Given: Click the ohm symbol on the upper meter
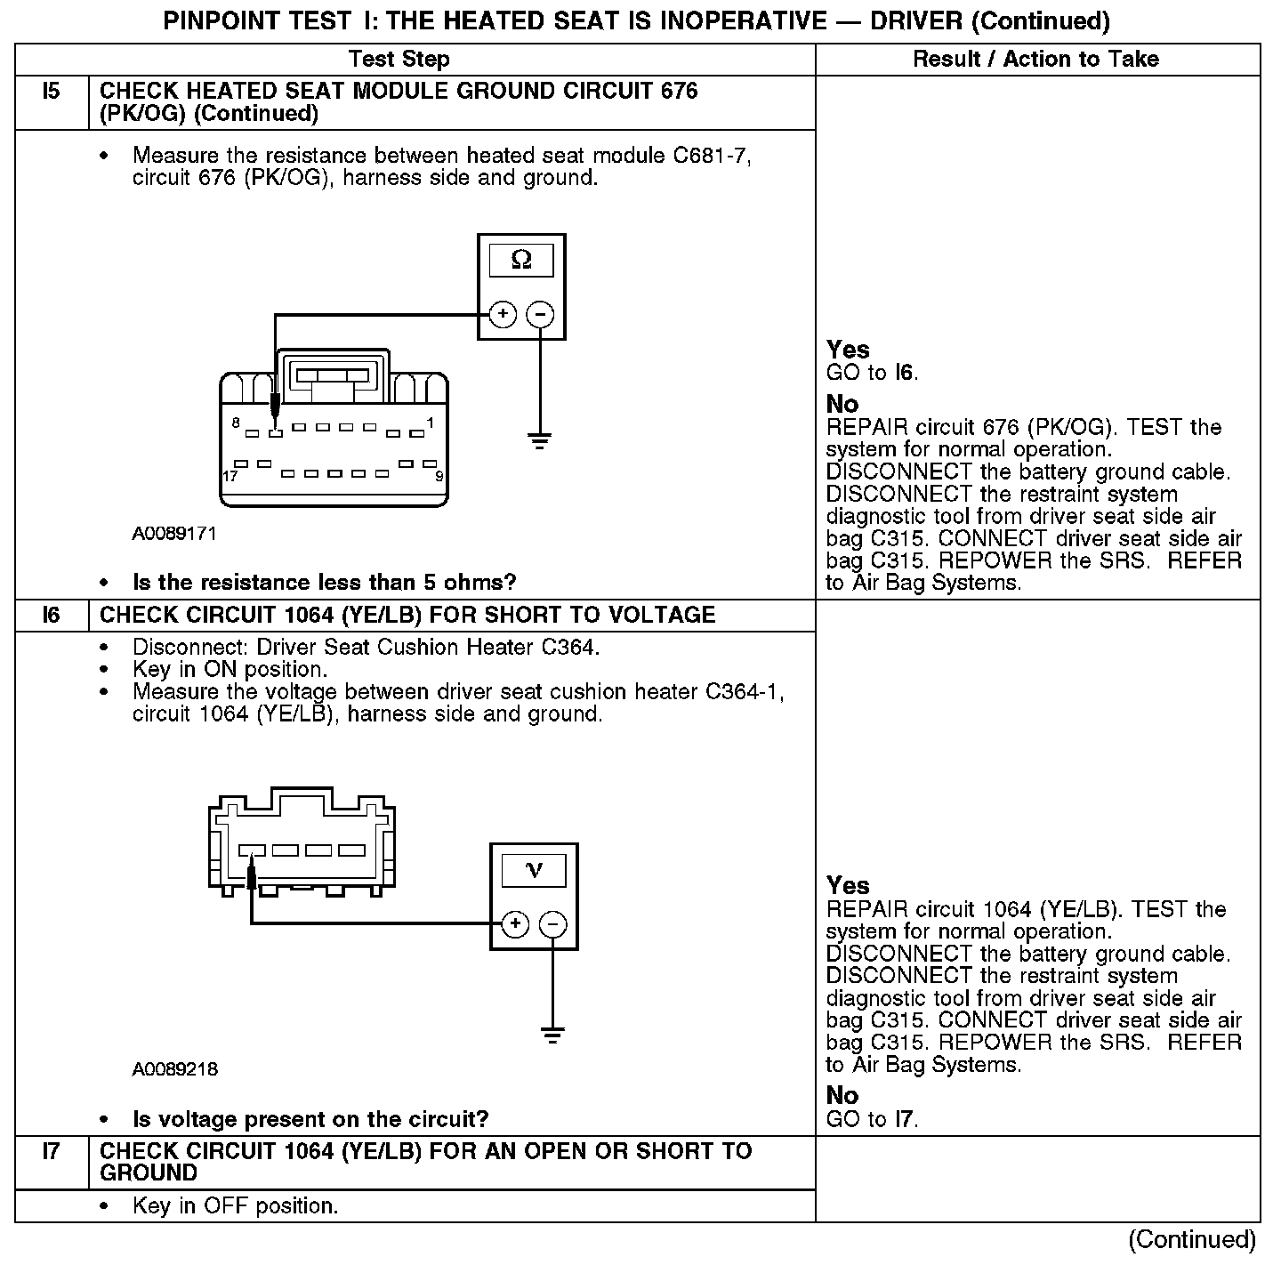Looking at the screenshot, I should tap(521, 261).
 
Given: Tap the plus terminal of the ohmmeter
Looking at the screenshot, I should tap(503, 314).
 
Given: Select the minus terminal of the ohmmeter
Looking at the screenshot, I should tap(541, 314).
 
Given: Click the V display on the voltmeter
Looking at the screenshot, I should tap(534, 870).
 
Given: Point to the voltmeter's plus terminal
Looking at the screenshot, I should tap(515, 924).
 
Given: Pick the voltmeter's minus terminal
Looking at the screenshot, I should tap(553, 924).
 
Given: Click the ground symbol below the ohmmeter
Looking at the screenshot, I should tap(539, 439).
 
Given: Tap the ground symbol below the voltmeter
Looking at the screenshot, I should tap(552, 1035).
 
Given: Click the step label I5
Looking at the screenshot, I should tap(52, 92).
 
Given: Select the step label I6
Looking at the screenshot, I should tap(52, 616).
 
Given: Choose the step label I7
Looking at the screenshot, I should tap(52, 1152).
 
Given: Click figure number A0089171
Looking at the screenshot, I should tap(174, 534).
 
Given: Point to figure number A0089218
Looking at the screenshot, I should tap(174, 1069).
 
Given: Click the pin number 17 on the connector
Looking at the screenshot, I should tap(230, 477).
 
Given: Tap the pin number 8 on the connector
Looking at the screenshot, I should tap(236, 423).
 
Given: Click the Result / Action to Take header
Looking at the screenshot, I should tap(1036, 60).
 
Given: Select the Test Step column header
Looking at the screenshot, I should tap(399, 60).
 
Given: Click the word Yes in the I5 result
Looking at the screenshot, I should tap(848, 350).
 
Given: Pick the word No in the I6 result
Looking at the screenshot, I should tap(842, 1095).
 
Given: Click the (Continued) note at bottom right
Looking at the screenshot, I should tap(1192, 1239).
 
